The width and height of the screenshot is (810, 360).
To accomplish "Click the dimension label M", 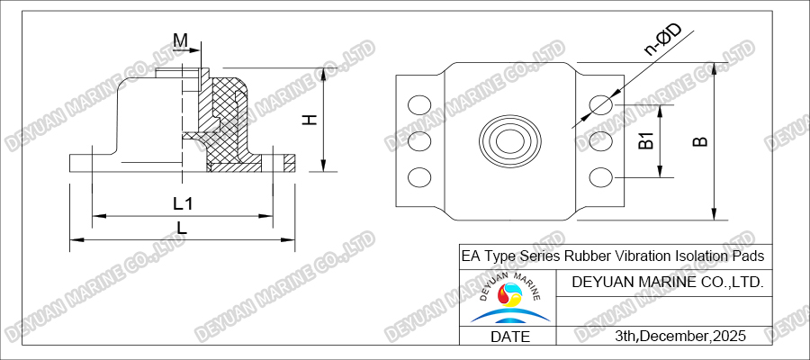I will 181,40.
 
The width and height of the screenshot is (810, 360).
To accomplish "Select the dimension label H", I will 309,120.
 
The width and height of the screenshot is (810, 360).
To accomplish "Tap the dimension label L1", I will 183,203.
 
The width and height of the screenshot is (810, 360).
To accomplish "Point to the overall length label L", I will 182,229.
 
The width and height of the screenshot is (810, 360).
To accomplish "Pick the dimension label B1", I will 644,140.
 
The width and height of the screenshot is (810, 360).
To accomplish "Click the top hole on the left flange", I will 419,106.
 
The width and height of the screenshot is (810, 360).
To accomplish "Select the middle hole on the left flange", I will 419,141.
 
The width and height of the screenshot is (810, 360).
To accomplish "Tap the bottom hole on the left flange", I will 419,176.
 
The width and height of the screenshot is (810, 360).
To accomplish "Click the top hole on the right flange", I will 601,106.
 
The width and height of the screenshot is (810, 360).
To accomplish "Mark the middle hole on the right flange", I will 601,141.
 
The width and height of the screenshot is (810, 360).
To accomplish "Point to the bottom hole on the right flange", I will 601,176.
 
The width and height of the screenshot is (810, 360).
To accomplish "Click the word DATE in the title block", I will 508,337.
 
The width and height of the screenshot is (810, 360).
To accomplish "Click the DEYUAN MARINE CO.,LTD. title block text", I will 668,283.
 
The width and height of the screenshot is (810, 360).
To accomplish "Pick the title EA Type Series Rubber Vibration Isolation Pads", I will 612,256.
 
